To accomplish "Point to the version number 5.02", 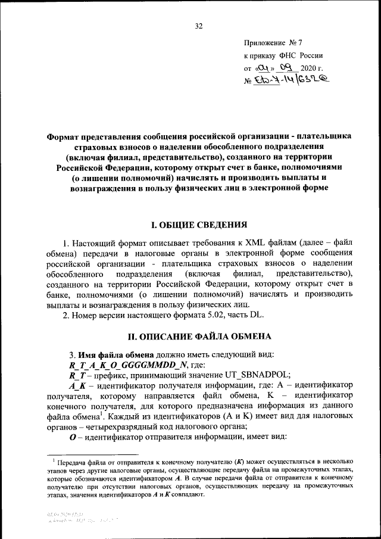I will click(217, 315).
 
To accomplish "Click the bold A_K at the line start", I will click(78, 385).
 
